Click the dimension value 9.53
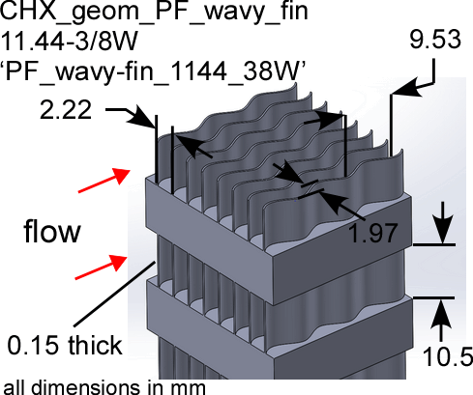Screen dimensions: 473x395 tap(435, 40)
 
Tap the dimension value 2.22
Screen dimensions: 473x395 tap(66, 110)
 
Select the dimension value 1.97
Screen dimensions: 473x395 tap(372, 233)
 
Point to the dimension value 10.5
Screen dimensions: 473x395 tap(448, 356)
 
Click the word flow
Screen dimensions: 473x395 tap(52, 231)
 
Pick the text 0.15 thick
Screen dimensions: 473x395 tap(65, 345)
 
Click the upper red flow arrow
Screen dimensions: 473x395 tap(104, 181)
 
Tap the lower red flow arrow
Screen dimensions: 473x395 tap(101, 268)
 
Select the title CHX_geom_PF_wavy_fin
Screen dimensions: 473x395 tap(154, 13)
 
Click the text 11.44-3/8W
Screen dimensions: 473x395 tap(70, 42)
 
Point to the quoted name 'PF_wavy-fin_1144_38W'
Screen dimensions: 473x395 tap(153, 71)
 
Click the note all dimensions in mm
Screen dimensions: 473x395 tap(104, 387)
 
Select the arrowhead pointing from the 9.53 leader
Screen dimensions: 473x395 tap(407, 89)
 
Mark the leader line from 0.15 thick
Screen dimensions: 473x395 tap(114, 294)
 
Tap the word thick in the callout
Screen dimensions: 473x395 tap(95, 345)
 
